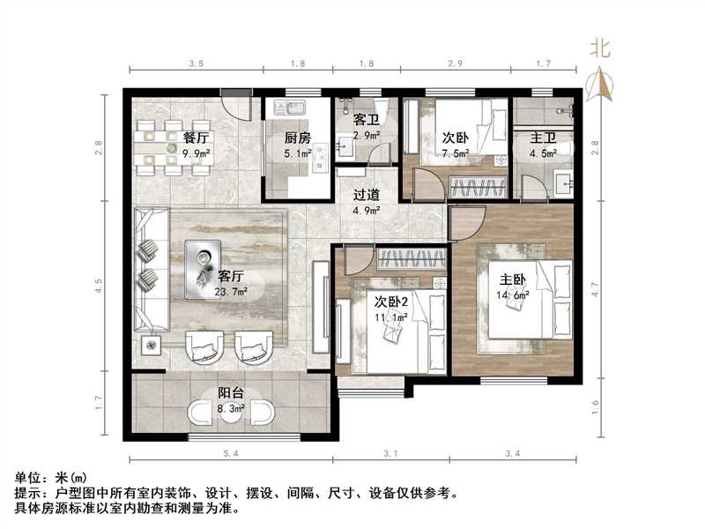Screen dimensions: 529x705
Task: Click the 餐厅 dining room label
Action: [196, 138]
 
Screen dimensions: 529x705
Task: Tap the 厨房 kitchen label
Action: [297, 138]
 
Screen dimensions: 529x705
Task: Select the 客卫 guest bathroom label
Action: [366, 118]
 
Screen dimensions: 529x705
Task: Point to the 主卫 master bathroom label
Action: [542, 138]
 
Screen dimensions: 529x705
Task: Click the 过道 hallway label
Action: [366, 195]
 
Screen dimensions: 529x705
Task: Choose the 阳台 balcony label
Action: [231, 394]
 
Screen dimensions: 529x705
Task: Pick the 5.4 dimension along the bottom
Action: [231, 452]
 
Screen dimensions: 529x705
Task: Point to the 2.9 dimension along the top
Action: [456, 63]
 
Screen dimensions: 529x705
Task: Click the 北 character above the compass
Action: [600, 48]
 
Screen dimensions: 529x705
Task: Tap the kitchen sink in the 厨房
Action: [289, 108]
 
